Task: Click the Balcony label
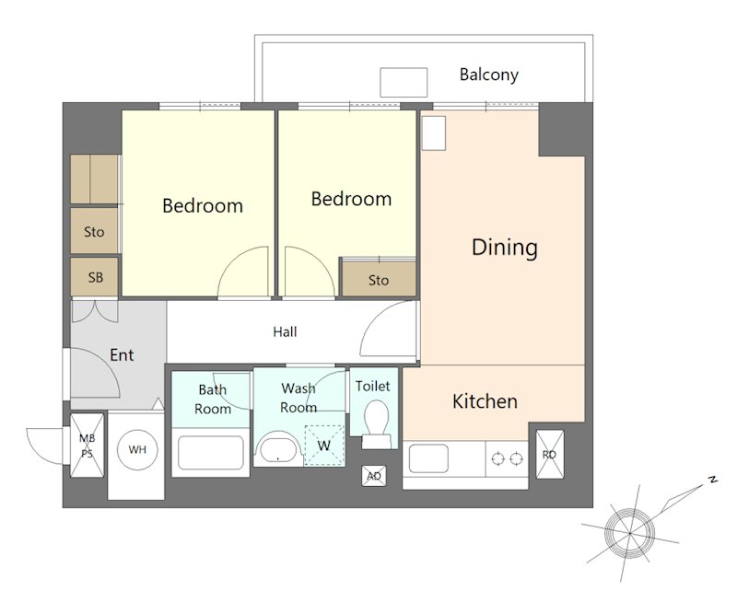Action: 489,75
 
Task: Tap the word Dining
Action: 504,248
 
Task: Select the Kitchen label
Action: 485,401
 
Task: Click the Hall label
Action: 285,332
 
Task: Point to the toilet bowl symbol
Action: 376,423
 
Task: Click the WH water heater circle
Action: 137,449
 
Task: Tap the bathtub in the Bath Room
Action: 211,452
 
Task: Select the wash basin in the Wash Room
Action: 278,449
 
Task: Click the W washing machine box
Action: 324,446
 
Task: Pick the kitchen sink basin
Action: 428,458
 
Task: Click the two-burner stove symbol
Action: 507,458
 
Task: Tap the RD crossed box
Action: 549,454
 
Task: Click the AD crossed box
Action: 374,476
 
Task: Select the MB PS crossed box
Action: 87,446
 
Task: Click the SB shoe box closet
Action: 95,277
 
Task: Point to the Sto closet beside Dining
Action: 379,279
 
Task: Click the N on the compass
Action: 712,480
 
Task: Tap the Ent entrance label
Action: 122,354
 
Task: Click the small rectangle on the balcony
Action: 404,82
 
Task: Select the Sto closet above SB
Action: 94,231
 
